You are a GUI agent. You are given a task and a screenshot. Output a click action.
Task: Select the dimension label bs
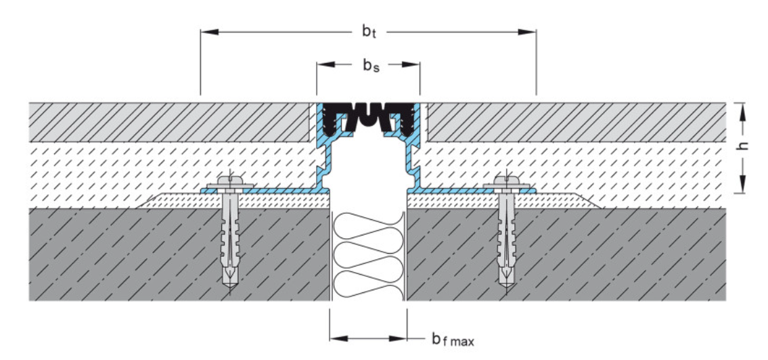click(x=368, y=66)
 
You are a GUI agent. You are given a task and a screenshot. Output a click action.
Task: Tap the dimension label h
click(x=744, y=148)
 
